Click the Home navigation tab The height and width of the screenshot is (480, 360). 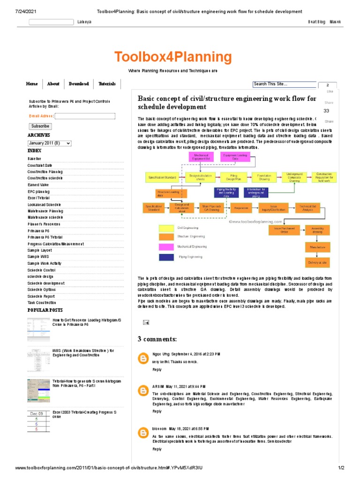point(32,84)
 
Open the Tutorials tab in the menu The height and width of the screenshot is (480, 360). point(107,84)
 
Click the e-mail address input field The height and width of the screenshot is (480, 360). point(85,116)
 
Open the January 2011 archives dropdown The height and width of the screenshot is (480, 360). point(49,143)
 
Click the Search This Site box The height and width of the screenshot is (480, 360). point(285,84)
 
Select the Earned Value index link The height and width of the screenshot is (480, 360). point(38,185)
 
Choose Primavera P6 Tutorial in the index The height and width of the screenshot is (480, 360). point(45,237)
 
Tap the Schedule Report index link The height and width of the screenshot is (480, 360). point(41,296)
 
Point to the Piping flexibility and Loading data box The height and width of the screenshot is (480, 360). point(226,191)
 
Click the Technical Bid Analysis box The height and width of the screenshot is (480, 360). point(307,208)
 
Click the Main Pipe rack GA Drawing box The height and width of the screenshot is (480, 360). point(211,208)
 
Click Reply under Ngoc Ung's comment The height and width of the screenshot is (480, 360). point(157,369)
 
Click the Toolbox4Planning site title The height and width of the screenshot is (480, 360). point(173,58)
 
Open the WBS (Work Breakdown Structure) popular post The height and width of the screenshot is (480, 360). point(83,352)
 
